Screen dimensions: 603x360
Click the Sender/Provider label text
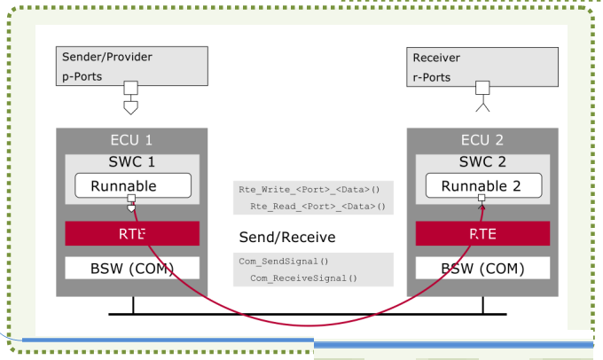point(107,57)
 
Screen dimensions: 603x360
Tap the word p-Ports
point(82,76)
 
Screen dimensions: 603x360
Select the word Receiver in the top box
point(436,58)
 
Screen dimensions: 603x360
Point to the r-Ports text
point(432,77)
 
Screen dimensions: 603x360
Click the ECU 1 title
point(131,140)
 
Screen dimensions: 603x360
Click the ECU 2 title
point(482,140)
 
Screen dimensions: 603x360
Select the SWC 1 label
point(131,162)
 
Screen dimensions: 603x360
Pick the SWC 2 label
point(482,162)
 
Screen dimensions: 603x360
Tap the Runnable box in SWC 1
point(133,185)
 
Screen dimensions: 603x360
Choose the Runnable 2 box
point(484,185)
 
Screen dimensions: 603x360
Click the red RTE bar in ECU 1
point(132,233)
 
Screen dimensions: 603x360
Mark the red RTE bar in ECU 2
point(482,233)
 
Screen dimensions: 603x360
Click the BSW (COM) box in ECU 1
point(132,268)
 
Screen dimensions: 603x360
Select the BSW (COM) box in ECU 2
point(482,268)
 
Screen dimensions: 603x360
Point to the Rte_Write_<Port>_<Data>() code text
point(309,190)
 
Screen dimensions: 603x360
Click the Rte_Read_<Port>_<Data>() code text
point(317,207)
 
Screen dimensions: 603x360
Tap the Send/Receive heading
point(287,238)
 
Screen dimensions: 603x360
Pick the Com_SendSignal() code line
point(284,262)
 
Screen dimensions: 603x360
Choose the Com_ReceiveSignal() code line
point(304,278)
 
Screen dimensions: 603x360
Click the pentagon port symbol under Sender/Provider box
point(130,107)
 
